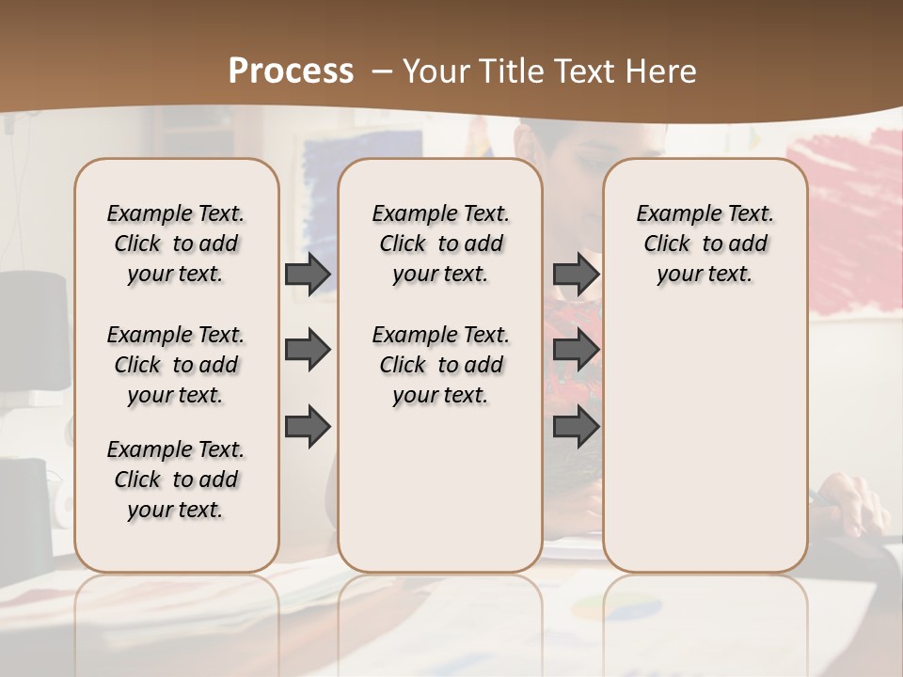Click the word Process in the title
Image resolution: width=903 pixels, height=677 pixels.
291,71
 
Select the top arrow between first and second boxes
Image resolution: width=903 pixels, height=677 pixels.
308,274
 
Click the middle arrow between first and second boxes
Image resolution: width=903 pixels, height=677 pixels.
308,351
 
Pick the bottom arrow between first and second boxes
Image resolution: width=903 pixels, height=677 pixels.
308,428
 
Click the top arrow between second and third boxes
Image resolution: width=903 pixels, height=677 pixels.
576,274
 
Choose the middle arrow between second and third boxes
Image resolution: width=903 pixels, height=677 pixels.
576,351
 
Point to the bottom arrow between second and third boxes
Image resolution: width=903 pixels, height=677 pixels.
576,428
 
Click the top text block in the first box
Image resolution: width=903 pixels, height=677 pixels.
176,244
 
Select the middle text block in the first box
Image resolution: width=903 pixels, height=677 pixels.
176,365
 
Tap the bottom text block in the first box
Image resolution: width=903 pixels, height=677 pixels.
176,480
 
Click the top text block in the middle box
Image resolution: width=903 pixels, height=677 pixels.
440,244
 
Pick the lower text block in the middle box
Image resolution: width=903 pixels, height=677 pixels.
440,365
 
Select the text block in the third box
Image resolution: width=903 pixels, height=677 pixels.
705,244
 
